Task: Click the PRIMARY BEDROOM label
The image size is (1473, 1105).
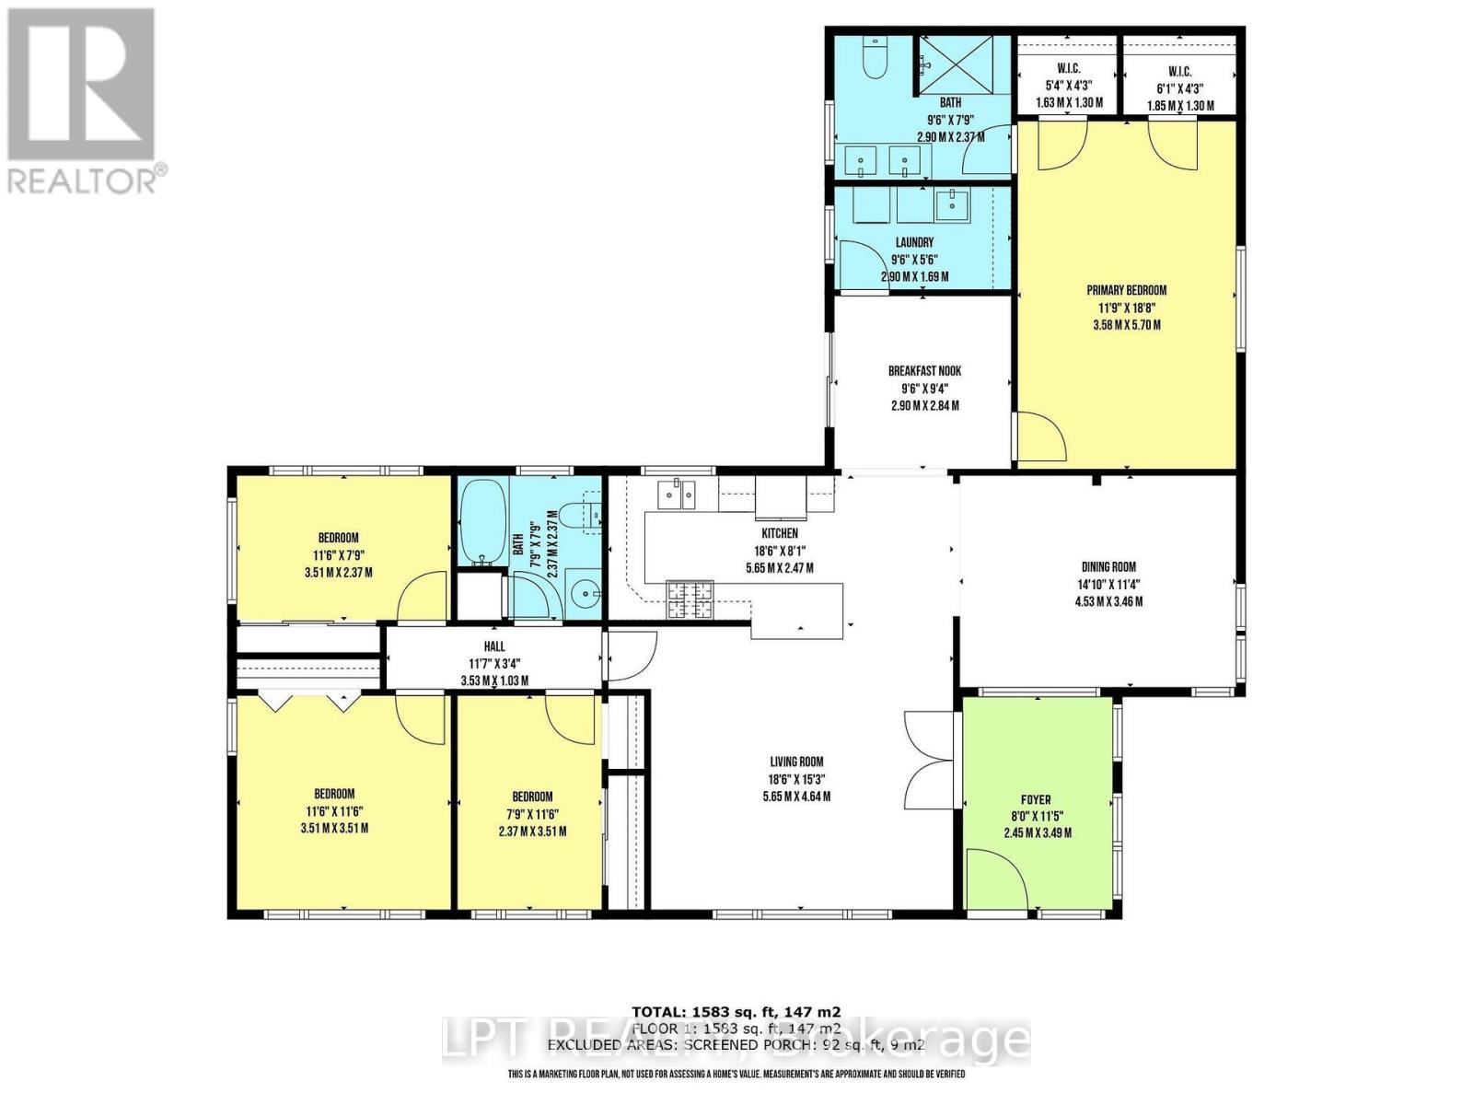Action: point(1126,290)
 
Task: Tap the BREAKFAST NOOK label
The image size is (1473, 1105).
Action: point(924,371)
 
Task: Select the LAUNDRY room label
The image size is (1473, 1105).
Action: point(914,243)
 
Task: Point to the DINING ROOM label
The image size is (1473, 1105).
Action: point(1108,567)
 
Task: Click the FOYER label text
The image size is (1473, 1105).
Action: point(1036,800)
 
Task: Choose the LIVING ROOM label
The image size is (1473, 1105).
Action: point(796,762)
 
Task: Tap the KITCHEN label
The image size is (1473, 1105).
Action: point(779,533)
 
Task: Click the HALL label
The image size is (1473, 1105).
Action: point(494,646)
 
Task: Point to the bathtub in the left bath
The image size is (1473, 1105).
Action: point(478,520)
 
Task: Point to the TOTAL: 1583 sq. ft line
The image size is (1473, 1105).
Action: point(736,1011)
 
